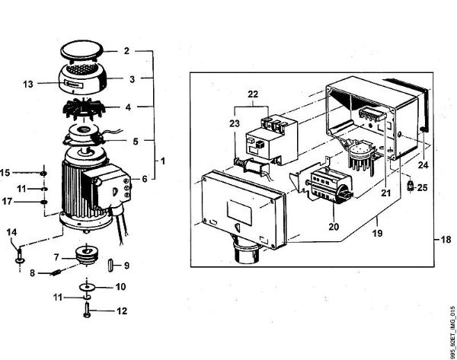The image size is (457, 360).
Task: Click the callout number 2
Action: (x=127, y=53)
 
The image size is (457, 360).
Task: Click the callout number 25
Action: (x=423, y=187)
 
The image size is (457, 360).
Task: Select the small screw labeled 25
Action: (x=411, y=185)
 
